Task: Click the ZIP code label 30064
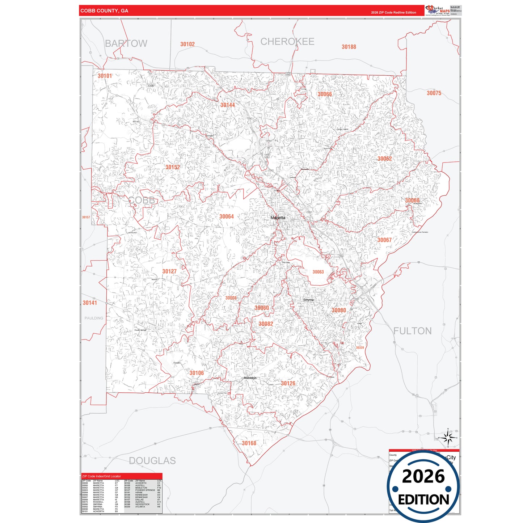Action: (227, 216)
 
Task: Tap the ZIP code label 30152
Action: (173, 167)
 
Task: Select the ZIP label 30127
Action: (169, 271)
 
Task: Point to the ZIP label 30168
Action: (249, 443)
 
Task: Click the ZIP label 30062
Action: (384, 159)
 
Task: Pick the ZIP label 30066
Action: (325, 94)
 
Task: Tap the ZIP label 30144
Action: (228, 105)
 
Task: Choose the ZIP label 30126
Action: (288, 383)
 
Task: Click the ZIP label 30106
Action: (197, 373)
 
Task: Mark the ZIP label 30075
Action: (434, 93)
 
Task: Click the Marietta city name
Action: (278, 218)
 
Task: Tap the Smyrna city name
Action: (308, 300)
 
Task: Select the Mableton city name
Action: (250, 378)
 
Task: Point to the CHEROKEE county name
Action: (287, 42)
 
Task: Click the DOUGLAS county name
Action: (152, 460)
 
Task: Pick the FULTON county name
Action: (412, 331)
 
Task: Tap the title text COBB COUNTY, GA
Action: (104, 11)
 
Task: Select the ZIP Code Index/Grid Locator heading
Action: (102, 476)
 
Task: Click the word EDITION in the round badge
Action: (423, 499)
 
